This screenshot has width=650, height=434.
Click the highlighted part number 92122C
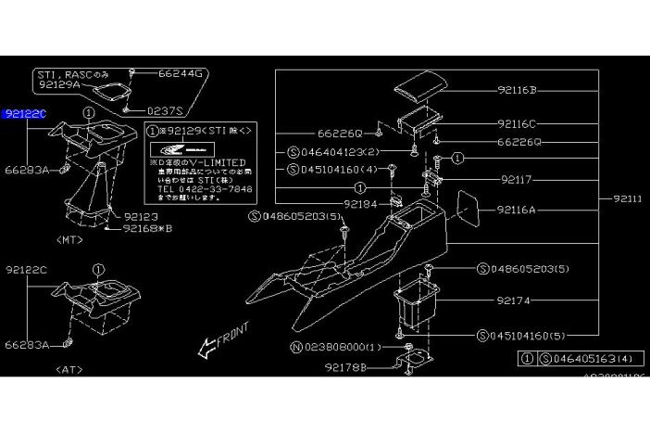tap(24, 114)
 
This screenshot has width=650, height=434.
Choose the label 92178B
tap(344, 367)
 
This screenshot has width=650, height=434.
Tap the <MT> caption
tap(70, 241)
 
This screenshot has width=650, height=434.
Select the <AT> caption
tap(70, 368)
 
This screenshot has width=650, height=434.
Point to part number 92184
tap(336, 203)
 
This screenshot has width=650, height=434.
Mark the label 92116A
tap(517, 211)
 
